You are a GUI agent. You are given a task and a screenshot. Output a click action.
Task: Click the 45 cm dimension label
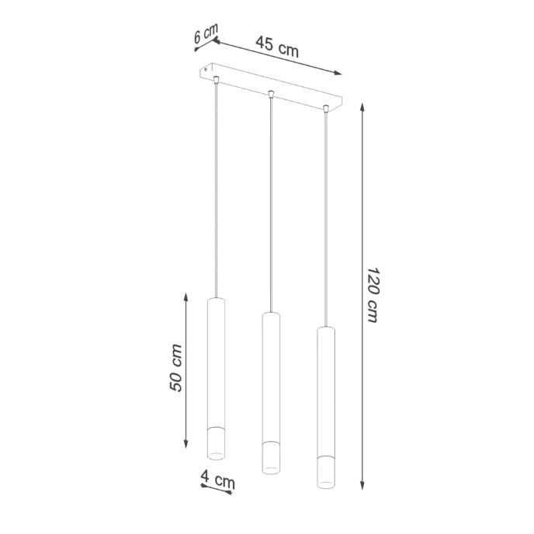(277, 48)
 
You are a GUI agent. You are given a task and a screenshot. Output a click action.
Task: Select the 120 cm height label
(373, 296)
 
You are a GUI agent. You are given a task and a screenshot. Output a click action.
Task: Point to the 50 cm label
(176, 368)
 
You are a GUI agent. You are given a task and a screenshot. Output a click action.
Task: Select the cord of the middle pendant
(270, 202)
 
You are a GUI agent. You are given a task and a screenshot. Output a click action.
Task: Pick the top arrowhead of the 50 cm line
(186, 296)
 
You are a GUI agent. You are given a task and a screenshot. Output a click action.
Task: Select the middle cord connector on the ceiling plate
(270, 95)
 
